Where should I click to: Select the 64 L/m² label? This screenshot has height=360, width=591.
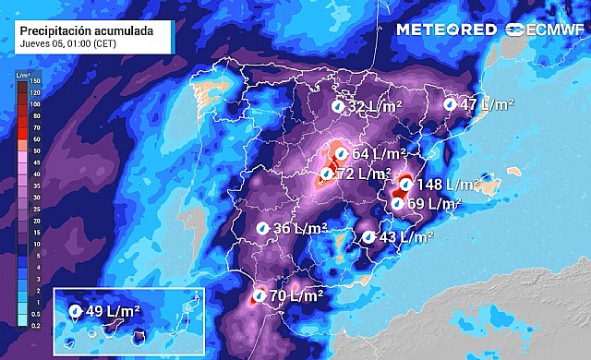[380, 153]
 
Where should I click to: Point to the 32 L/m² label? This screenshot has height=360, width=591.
[375, 107]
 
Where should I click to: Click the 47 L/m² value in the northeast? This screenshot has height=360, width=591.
[487, 105]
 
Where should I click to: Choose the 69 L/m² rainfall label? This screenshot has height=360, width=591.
[435, 204]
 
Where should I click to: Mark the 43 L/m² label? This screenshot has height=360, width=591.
[406, 237]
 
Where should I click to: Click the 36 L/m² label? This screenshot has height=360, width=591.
[301, 228]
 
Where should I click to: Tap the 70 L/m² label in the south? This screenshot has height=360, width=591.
[296, 297]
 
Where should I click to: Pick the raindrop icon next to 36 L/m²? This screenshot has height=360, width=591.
[262, 228]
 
